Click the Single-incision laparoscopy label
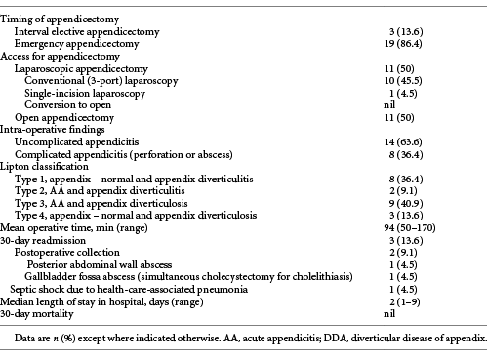click(87, 96)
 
